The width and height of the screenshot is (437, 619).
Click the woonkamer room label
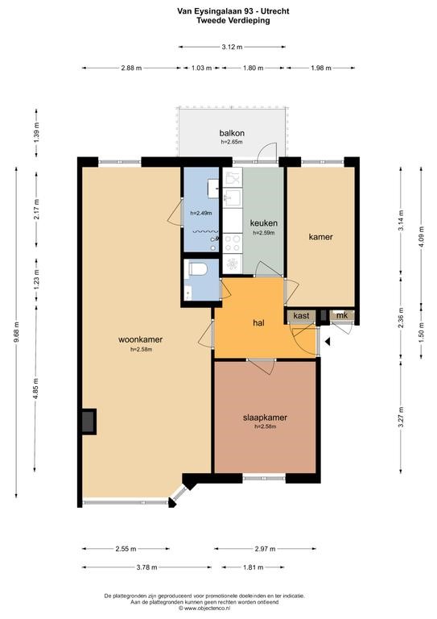click(x=140, y=339)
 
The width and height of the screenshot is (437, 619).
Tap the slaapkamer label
click(x=265, y=418)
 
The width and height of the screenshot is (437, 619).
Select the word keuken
click(x=264, y=223)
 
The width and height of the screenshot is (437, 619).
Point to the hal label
click(x=258, y=323)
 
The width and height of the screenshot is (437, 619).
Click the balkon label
click(x=232, y=133)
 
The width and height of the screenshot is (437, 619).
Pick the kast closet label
click(x=302, y=315)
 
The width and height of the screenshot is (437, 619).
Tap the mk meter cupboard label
click(x=342, y=315)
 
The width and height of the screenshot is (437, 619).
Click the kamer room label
click(x=321, y=237)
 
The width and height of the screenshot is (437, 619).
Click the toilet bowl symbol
click(x=198, y=269)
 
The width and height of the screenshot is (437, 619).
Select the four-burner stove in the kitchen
click(x=233, y=243)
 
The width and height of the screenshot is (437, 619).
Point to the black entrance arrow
click(x=327, y=342)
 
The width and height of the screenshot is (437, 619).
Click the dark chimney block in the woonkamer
click(x=89, y=422)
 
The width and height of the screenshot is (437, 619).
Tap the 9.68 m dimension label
click(x=16, y=332)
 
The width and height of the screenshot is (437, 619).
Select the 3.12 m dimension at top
click(x=232, y=47)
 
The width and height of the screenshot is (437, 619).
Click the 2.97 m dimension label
click(x=265, y=549)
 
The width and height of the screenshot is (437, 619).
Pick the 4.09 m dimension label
click(x=422, y=237)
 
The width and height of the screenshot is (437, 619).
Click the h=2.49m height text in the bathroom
click(x=201, y=213)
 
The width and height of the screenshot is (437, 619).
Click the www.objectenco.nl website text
click(x=206, y=608)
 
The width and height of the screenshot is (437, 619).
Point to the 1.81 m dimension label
click(x=253, y=567)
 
